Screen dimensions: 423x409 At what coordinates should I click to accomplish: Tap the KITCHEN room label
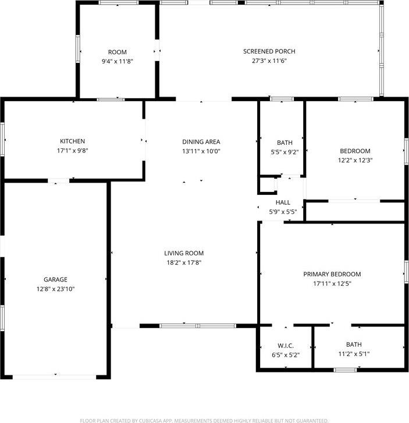click(73, 141)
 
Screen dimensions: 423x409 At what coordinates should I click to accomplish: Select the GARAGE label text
click(55, 279)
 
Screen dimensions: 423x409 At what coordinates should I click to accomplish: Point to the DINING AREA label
click(201, 141)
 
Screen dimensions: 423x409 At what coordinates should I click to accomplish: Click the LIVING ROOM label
click(184, 253)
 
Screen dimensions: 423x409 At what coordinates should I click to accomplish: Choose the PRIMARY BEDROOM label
click(332, 274)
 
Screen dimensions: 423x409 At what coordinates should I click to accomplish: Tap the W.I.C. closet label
click(285, 344)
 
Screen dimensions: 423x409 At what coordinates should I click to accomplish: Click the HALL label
click(283, 202)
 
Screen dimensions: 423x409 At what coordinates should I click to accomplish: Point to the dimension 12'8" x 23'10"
click(55, 289)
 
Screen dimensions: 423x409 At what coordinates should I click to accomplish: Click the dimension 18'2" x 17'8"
click(184, 262)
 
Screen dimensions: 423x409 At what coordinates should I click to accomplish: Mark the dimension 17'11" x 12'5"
click(332, 283)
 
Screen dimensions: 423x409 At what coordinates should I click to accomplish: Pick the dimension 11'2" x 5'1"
click(354, 354)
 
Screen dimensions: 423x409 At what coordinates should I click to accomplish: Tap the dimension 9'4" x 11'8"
click(117, 61)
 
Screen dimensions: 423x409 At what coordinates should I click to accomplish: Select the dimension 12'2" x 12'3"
click(355, 160)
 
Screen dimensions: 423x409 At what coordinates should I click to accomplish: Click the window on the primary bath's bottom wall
click(345, 369)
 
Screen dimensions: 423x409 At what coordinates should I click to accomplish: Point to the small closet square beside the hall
click(266, 185)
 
